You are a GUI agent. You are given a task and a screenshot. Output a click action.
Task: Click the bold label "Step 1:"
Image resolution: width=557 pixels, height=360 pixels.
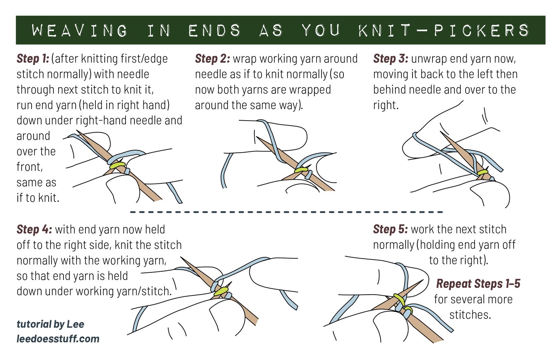coord(33,59)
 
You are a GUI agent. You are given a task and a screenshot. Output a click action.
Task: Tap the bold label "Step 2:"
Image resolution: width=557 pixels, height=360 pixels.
coord(212,59)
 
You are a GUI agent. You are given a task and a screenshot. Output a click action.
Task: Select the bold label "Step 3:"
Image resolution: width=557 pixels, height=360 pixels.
coord(391,59)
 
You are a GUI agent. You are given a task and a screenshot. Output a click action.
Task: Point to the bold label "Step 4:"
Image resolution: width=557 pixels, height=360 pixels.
coord(34,229)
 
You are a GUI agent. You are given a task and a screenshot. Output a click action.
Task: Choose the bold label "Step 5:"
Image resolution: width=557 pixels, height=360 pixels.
coord(391,229)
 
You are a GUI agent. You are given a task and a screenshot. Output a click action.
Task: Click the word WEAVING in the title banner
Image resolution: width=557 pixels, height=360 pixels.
coord(80,30)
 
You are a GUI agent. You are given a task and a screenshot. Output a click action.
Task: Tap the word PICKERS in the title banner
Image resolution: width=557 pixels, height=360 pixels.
coord(482,30)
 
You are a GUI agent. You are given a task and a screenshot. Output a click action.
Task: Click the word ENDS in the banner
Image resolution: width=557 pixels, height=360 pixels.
coord(214,30)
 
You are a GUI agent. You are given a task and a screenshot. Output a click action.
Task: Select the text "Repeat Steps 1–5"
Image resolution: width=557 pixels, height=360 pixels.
coord(478,284)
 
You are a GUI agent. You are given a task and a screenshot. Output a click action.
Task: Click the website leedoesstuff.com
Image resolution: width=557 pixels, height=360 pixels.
coord(58,339)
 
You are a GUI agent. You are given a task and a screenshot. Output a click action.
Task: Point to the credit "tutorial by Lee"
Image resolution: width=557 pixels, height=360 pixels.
coord(51,324)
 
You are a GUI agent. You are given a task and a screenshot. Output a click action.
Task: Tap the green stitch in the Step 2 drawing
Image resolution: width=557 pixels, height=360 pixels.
coord(302,170)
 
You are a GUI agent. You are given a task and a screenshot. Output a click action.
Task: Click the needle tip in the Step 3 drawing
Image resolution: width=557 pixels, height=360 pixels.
coord(442,133)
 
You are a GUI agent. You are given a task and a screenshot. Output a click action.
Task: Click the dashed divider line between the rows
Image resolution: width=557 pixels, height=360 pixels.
coord(286,212)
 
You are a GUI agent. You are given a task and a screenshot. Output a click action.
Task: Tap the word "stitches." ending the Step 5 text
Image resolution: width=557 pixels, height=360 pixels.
coord(470,315)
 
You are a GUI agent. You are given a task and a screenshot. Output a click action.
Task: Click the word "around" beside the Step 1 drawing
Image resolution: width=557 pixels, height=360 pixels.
coord(33,136)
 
